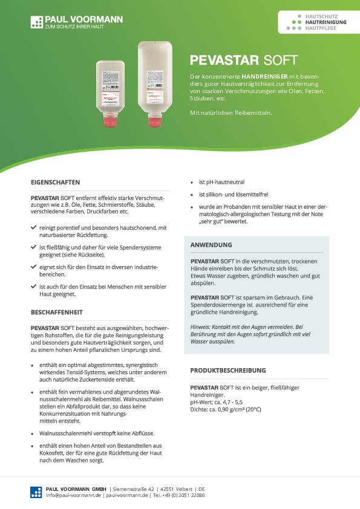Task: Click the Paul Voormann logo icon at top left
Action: click(37, 23)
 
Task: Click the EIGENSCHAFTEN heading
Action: click(55, 182)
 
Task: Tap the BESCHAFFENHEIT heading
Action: click(57, 313)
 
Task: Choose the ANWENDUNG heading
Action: click(211, 245)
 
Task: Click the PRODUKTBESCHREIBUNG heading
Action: click(228, 370)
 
